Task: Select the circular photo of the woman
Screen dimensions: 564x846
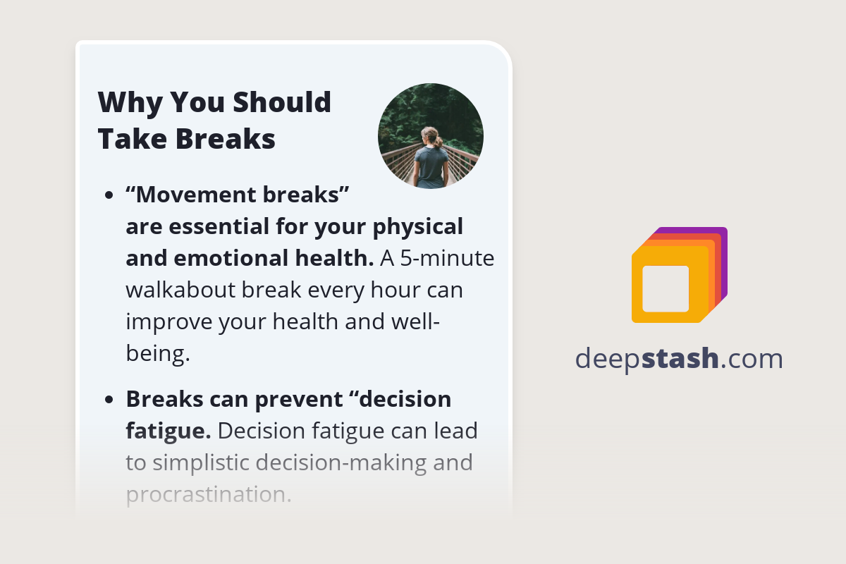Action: pyautogui.click(x=431, y=136)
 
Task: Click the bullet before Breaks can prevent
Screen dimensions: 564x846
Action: pyautogui.click(x=109, y=400)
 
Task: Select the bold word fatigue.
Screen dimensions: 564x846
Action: pyautogui.click(x=167, y=431)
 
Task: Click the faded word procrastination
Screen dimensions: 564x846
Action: pyautogui.click(x=208, y=494)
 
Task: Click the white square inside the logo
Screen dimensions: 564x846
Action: pyautogui.click(x=666, y=288)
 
